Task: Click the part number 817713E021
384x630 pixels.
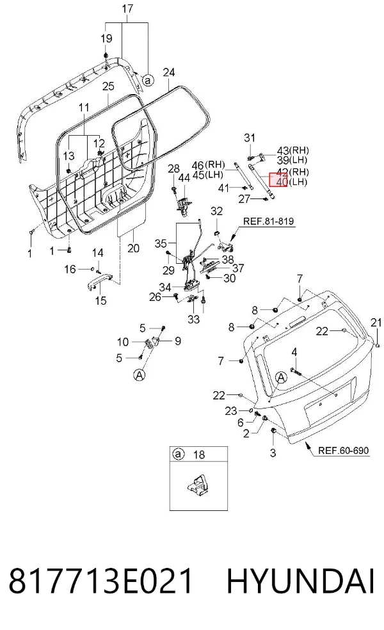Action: click(100, 581)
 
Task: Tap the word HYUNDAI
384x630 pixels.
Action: click(300, 581)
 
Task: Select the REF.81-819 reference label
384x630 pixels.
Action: click(268, 221)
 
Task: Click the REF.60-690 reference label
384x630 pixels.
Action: click(343, 450)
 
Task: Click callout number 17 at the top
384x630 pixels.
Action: click(127, 8)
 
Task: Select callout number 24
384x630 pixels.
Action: click(169, 72)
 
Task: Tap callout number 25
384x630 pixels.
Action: click(108, 86)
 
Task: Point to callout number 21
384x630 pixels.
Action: click(376, 322)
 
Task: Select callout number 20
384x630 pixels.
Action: click(133, 248)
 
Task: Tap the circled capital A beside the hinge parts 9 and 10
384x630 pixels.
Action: click(139, 375)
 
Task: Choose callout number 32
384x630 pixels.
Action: click(216, 211)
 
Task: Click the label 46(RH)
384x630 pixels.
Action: click(208, 165)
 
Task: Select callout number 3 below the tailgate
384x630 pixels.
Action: click(273, 453)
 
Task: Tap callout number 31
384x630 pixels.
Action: click(250, 138)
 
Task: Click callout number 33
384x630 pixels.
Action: click(194, 319)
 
